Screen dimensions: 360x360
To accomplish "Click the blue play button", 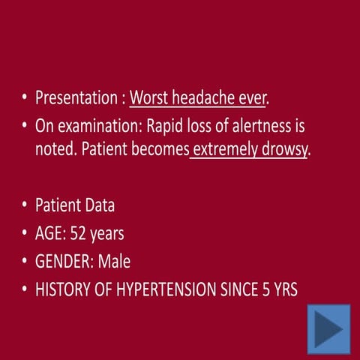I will click(x=328, y=329).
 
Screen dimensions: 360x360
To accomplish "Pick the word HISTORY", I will click(x=65, y=289).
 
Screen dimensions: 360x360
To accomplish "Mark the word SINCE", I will click(x=244, y=289).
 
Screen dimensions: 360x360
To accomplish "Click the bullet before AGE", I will click(x=25, y=234).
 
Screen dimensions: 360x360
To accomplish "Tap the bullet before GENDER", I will click(x=25, y=262).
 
